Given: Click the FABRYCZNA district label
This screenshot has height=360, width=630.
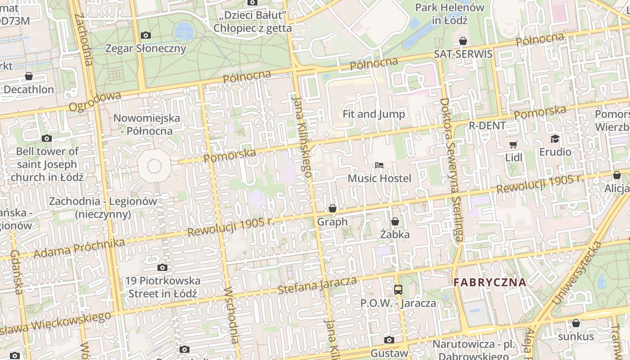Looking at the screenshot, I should pyautogui.click(x=490, y=283).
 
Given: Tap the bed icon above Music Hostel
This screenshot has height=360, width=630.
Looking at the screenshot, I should pyautogui.click(x=379, y=165).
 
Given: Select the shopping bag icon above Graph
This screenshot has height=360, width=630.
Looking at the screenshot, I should pyautogui.click(x=333, y=208).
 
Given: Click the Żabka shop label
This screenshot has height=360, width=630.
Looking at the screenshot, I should pyautogui.click(x=395, y=234).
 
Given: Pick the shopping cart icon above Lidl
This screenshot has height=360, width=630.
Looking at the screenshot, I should pyautogui.click(x=513, y=144).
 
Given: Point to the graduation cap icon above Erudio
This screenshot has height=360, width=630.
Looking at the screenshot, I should pyautogui.click(x=555, y=139).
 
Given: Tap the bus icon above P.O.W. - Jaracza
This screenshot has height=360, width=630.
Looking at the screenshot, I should pyautogui.click(x=398, y=289).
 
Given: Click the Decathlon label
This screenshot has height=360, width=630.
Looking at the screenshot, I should pyautogui.click(x=29, y=89).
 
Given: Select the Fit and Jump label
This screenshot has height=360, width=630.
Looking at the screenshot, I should pyautogui.click(x=373, y=114).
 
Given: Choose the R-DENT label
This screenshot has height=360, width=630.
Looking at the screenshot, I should pyautogui.click(x=487, y=126).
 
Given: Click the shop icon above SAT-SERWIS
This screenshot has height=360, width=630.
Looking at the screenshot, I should pyautogui.click(x=463, y=41).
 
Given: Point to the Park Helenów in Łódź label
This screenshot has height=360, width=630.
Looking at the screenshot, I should pyautogui.click(x=449, y=14).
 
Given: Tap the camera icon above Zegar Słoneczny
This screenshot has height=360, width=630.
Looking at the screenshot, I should pyautogui.click(x=145, y=35).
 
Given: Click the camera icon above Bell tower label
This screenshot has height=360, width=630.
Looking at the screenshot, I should pyautogui.click(x=46, y=138).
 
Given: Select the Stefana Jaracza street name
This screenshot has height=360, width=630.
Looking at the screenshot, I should pyautogui.click(x=317, y=285).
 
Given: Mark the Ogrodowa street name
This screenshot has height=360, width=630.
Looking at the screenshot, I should pyautogui.click(x=95, y=101).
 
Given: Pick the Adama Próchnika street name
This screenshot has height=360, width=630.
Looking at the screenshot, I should pyautogui.click(x=79, y=248).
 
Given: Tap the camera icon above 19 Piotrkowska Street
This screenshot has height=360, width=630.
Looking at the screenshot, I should pyautogui.click(x=162, y=268).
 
